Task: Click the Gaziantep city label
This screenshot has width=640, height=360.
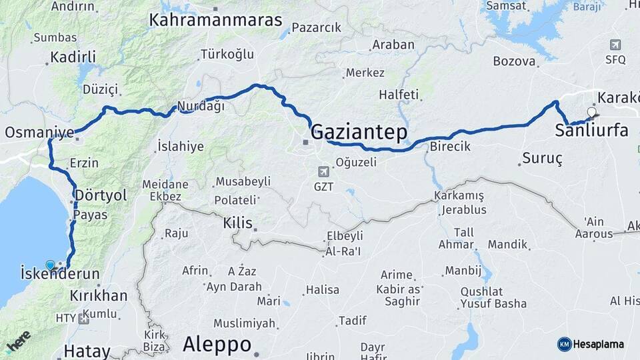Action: click(359, 132)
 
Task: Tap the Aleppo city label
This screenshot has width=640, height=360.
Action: click(217, 345)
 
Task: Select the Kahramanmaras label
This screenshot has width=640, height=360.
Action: click(216, 20)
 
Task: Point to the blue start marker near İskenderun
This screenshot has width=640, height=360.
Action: click(50, 265)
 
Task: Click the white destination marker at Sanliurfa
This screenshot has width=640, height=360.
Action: click(591, 112)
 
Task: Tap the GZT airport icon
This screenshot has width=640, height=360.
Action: click(323, 171)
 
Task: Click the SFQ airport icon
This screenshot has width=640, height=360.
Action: click(615, 45)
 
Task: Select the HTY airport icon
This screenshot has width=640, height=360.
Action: click(83, 319)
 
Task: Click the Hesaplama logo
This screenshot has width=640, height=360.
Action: click(591, 344)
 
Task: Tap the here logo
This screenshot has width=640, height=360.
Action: click(18, 341)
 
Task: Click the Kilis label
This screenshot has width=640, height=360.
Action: click(238, 223)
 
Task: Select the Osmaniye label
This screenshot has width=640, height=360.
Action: click(39, 132)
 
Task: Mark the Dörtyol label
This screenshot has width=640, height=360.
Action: click(101, 195)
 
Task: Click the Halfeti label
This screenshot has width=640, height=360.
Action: click(399, 95)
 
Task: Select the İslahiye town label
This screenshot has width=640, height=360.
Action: click(180, 147)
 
